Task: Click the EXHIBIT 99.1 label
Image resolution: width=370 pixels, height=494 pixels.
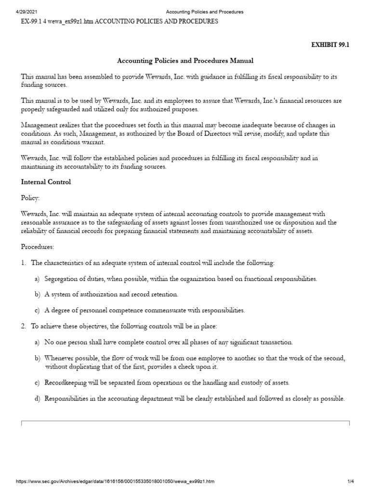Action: coord(331,45)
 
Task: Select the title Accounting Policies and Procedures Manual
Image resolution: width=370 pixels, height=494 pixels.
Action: coord(185,61)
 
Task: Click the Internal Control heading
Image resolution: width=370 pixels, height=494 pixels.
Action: coord(46,182)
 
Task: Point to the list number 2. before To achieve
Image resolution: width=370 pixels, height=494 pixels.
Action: coord(24,326)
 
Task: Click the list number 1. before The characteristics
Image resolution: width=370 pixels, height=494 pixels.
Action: coord(24,263)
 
